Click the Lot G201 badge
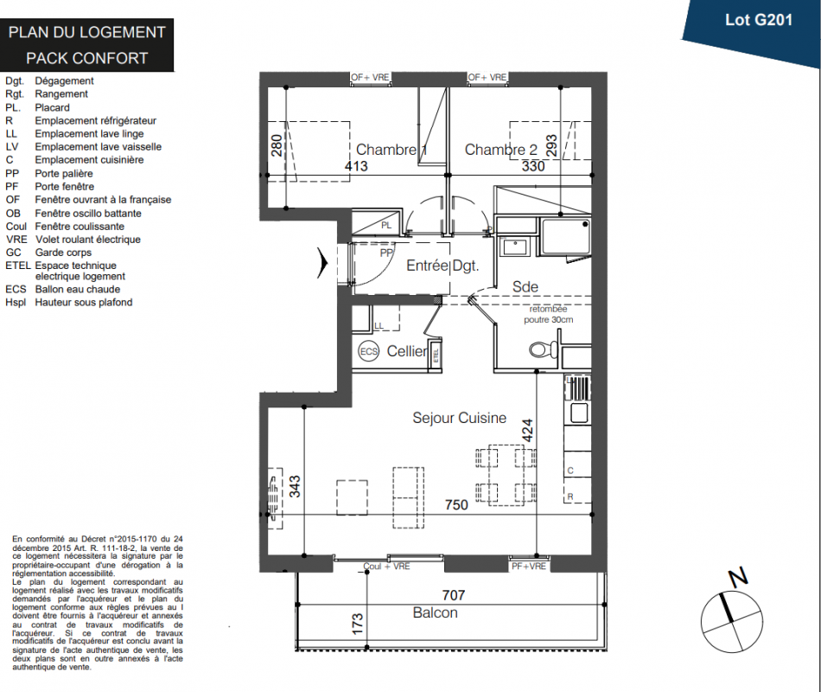pos(758,21)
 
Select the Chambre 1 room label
pos(391,150)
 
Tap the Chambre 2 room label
pos(501,150)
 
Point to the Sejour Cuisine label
pos(459,418)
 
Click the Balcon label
pos(435,612)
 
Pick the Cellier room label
pos(407,351)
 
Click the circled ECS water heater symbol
pos(369,351)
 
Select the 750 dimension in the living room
pos(456,505)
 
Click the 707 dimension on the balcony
pos(454,595)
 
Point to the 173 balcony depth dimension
pos(357,624)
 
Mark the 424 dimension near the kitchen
pos(527,430)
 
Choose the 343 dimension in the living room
pos(295,486)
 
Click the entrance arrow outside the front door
pos(322,263)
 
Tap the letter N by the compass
pos(738,577)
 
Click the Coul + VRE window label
pos(386,567)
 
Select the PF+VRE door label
pos(529,567)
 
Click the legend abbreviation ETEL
pos(18,266)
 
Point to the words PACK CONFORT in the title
pos(87,58)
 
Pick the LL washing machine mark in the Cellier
pos(379,325)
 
